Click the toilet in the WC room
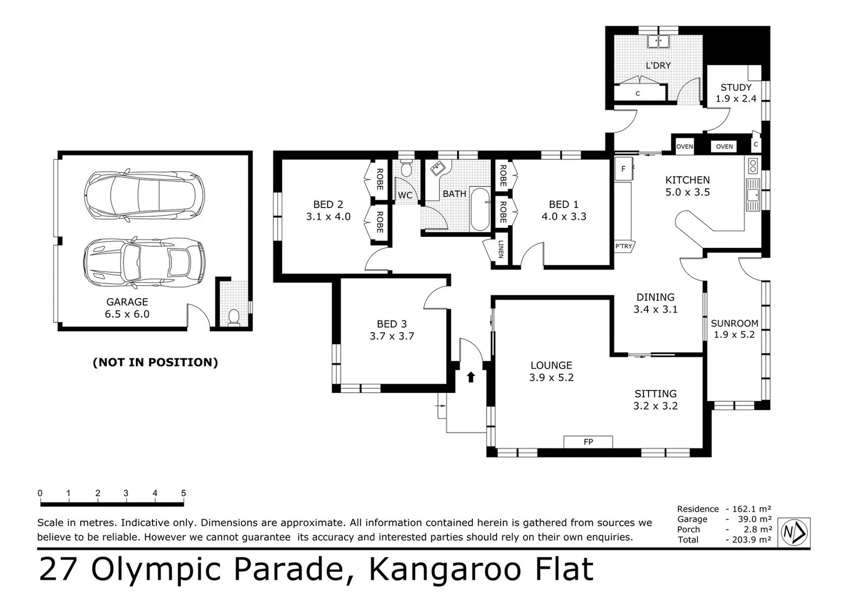click(406, 168)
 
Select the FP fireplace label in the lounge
click(588, 442)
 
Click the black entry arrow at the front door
click(471, 377)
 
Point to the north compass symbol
click(794, 532)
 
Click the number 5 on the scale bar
click(183, 493)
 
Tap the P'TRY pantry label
click(623, 246)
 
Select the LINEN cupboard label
click(501, 249)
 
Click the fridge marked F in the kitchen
click(623, 169)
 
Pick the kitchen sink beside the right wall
click(753, 195)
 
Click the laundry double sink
click(658, 42)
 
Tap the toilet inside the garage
click(234, 317)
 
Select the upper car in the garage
click(144, 195)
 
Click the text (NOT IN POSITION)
click(155, 362)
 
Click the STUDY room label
click(736, 88)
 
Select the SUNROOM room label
click(735, 323)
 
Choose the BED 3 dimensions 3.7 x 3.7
click(392, 336)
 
